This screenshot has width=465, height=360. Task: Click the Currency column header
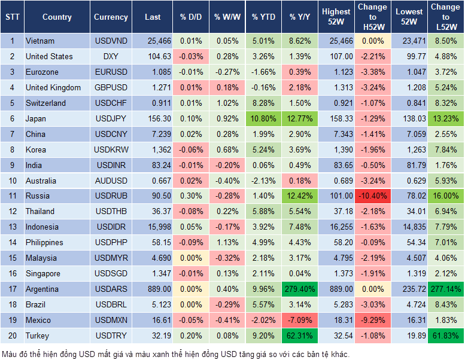(111, 17)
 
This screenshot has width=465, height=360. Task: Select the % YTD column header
(263, 17)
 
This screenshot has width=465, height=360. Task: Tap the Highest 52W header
(336, 17)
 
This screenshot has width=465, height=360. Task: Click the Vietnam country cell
(40, 41)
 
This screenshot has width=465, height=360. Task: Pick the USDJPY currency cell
(111, 118)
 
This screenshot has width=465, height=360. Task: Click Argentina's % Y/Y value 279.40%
(299, 289)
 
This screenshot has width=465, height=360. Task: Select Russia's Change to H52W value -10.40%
(372, 196)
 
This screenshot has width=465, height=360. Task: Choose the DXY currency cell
(111, 56)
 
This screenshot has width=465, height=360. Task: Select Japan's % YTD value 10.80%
(263, 118)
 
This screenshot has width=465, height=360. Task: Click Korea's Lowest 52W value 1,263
(410, 150)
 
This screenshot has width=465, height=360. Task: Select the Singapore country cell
(42, 273)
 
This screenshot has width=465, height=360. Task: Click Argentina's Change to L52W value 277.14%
(445, 289)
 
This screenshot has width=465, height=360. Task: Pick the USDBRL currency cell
(111, 304)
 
